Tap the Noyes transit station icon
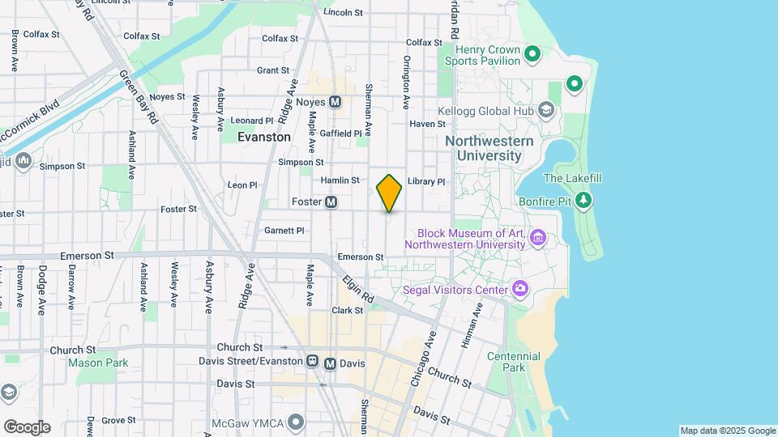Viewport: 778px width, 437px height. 336,102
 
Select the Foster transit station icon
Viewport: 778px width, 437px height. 331,202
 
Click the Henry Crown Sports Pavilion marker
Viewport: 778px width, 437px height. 532,55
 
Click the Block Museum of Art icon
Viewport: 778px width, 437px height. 538,238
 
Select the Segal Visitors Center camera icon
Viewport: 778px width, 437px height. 520,289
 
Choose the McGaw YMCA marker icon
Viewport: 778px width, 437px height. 297,421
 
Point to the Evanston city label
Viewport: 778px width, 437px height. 263,138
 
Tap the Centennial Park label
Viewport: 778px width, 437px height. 507,362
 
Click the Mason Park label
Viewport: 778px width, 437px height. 98,363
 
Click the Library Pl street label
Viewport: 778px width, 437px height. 426,182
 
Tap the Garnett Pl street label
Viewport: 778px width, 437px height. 284,231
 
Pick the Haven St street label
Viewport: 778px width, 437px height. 427,124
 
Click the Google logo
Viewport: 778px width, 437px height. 27,427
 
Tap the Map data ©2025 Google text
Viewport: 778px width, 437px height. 727,431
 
